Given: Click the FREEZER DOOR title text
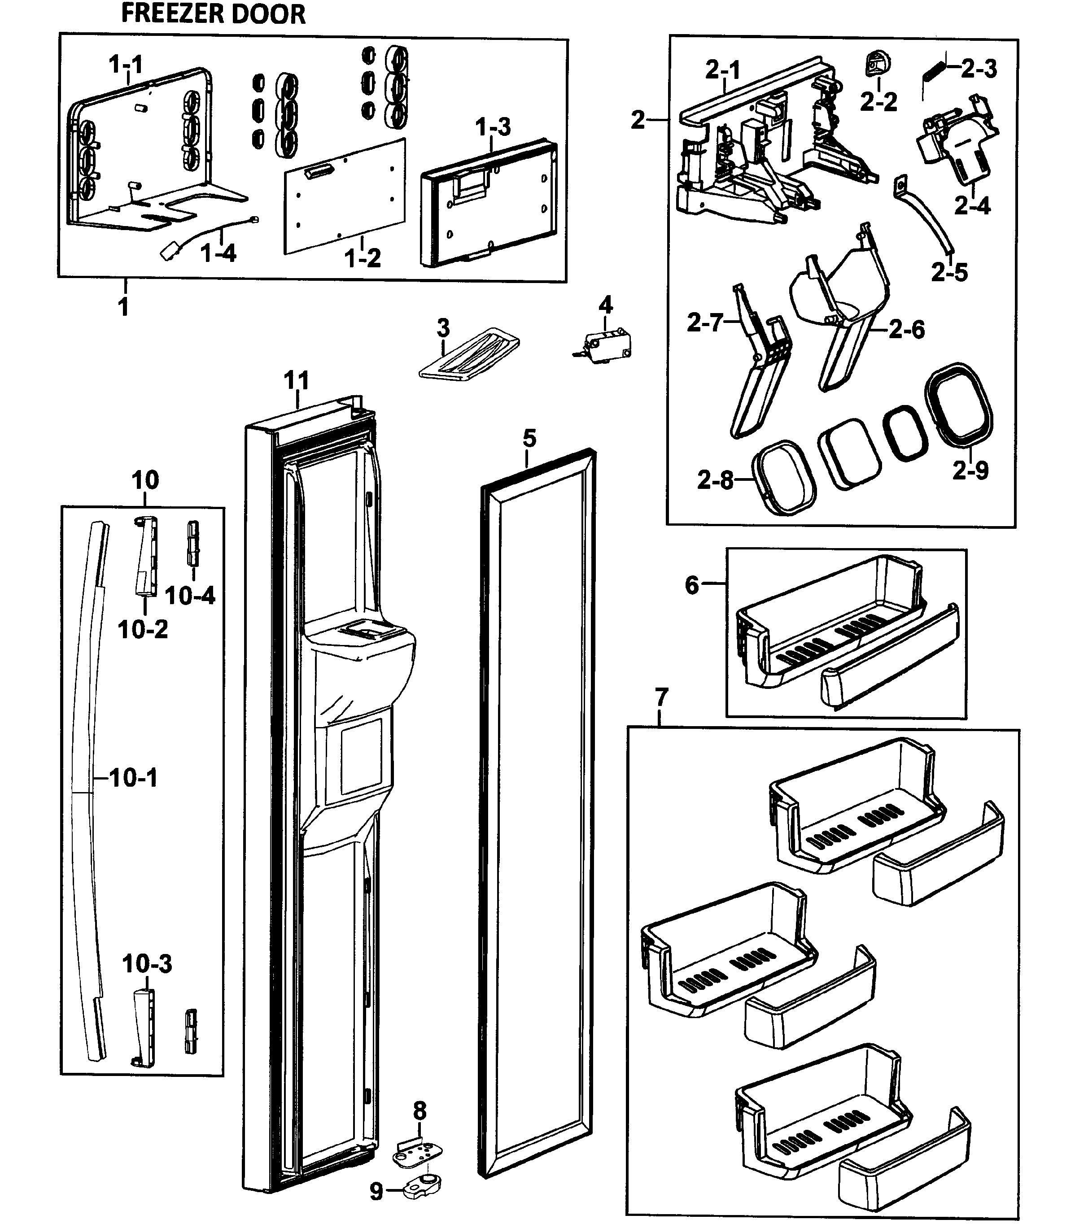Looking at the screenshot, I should point(213,13).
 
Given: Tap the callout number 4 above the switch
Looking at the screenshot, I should point(606,305).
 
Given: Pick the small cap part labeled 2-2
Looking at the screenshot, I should point(878,64).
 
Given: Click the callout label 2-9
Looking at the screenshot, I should point(970,470).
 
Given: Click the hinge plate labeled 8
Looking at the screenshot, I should point(419,1153).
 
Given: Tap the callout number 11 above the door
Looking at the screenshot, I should point(297,380).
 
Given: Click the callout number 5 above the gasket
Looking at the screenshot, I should point(529,438).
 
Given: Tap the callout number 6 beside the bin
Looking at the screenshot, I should point(692,584).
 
